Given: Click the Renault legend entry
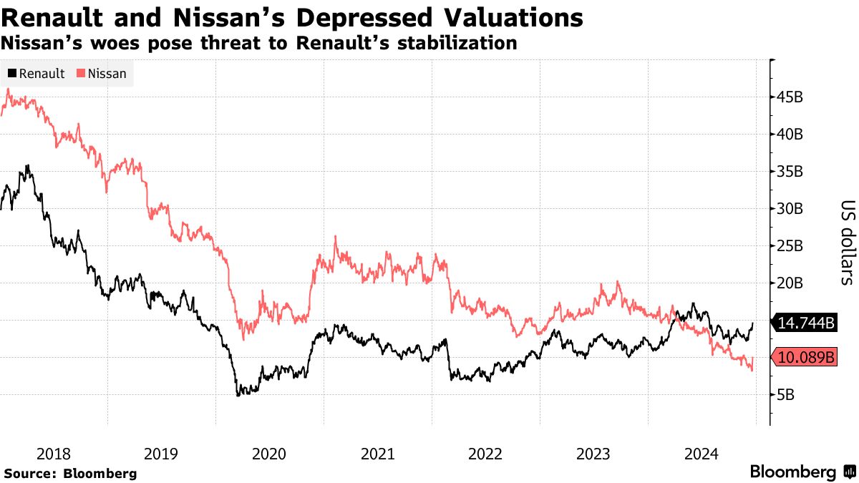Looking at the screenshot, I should [37, 73].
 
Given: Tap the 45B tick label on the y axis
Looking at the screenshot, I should [790, 97].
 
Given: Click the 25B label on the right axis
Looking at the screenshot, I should [790, 245].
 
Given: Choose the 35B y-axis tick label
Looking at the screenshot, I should [790, 171].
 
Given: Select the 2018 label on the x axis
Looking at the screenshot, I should [54, 454].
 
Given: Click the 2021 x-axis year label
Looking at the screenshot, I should [377, 454].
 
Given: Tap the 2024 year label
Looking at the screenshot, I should [701, 454].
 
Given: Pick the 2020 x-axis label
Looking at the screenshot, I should [269, 454].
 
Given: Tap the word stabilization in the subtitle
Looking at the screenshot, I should [459, 43].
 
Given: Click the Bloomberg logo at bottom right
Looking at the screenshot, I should [802, 472].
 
